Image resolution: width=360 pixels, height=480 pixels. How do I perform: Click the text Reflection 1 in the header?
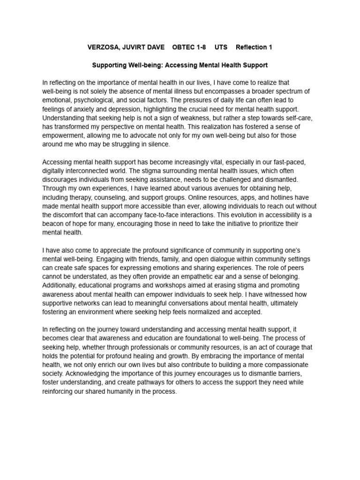(x=254, y=47)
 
